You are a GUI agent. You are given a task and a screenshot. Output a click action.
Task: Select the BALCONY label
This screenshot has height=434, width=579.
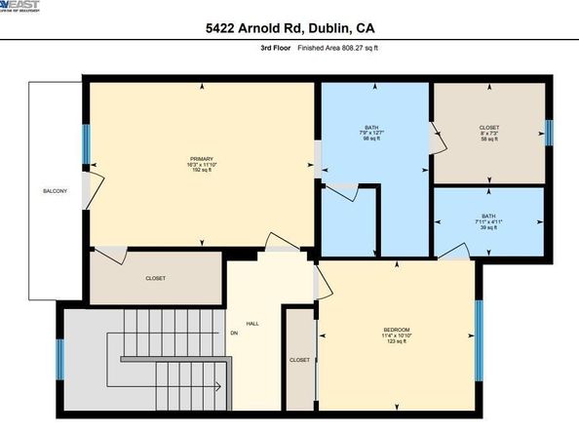[x=55, y=191]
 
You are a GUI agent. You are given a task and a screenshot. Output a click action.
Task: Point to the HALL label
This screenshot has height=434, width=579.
[x=252, y=322]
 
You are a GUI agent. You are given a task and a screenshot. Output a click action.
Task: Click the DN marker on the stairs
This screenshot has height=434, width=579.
[x=235, y=333]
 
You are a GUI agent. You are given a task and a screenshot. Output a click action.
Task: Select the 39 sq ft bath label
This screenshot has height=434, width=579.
[x=488, y=221]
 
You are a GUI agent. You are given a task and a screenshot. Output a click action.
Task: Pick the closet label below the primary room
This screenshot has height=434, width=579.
[x=155, y=279]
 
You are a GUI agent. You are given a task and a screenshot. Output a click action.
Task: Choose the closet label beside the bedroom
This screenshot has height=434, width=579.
[x=299, y=360]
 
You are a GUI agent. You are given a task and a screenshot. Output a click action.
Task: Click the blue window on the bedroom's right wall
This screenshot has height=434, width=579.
[x=479, y=339]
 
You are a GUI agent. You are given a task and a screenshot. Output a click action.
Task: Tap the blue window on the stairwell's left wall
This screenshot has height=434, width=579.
[x=61, y=359]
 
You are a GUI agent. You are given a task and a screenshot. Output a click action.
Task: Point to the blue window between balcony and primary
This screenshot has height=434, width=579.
[x=85, y=146]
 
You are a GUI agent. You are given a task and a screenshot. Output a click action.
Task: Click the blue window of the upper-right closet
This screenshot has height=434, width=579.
[x=548, y=132]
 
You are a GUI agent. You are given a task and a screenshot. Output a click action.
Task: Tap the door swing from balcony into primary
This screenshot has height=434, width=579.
[x=93, y=188]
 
